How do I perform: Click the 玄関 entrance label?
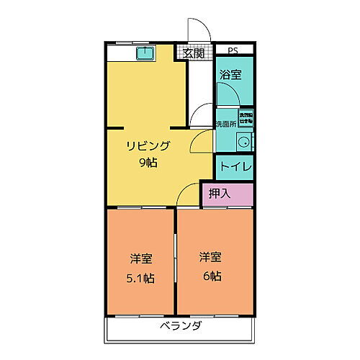pos(192,53)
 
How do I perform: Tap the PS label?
pos(233,50)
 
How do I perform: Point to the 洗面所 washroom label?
pos(227,124)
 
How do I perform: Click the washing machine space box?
pos(246,118)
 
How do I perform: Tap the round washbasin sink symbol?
pos(245,140)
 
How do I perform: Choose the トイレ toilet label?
pos(235,167)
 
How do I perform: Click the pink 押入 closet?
pos(227,194)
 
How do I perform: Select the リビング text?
pos(149,146)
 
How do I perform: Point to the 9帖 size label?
pos(149,162)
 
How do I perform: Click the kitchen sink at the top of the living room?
pos(144,52)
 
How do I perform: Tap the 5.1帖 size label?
pos(141,278)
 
